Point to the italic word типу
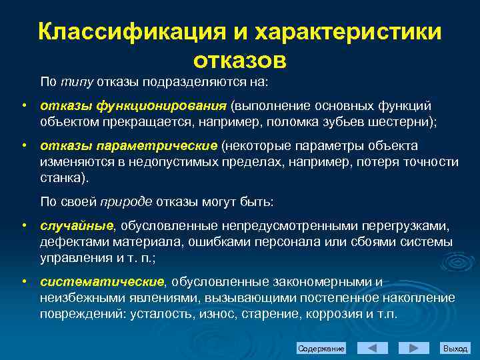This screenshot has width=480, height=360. (77, 82)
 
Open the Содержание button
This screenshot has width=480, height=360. (321, 348)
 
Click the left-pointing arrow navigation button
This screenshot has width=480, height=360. (373, 348)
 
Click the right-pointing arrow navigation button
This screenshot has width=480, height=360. (414, 348)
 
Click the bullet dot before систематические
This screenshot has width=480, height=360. (24, 281)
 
